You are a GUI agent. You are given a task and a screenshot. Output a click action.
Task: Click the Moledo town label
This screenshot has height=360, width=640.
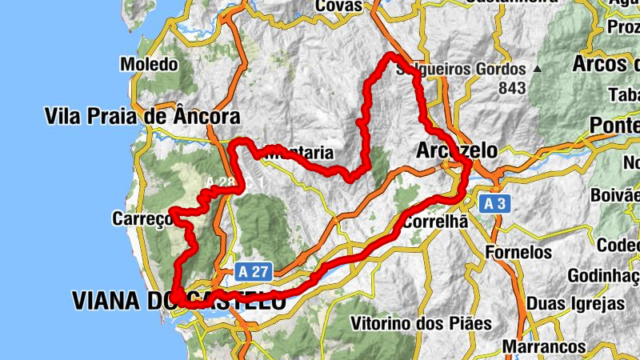[x=148, y=63]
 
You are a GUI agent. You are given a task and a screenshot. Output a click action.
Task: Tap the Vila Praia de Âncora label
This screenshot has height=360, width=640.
[x=142, y=117]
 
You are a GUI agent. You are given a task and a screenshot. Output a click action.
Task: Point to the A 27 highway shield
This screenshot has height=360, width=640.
[x=253, y=272]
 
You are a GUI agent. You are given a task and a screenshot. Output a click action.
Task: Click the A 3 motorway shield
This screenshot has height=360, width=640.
[x=494, y=205]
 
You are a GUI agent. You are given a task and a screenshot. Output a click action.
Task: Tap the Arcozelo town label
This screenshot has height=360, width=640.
[x=457, y=150]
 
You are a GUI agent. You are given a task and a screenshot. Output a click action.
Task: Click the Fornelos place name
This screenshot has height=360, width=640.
[x=519, y=252]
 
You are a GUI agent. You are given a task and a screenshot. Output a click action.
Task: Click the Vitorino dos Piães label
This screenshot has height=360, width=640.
[x=421, y=324]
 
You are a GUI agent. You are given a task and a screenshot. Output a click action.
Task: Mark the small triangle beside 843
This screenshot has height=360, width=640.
[x=538, y=70]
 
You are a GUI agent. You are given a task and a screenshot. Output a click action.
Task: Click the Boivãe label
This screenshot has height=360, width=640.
[x=614, y=194]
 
